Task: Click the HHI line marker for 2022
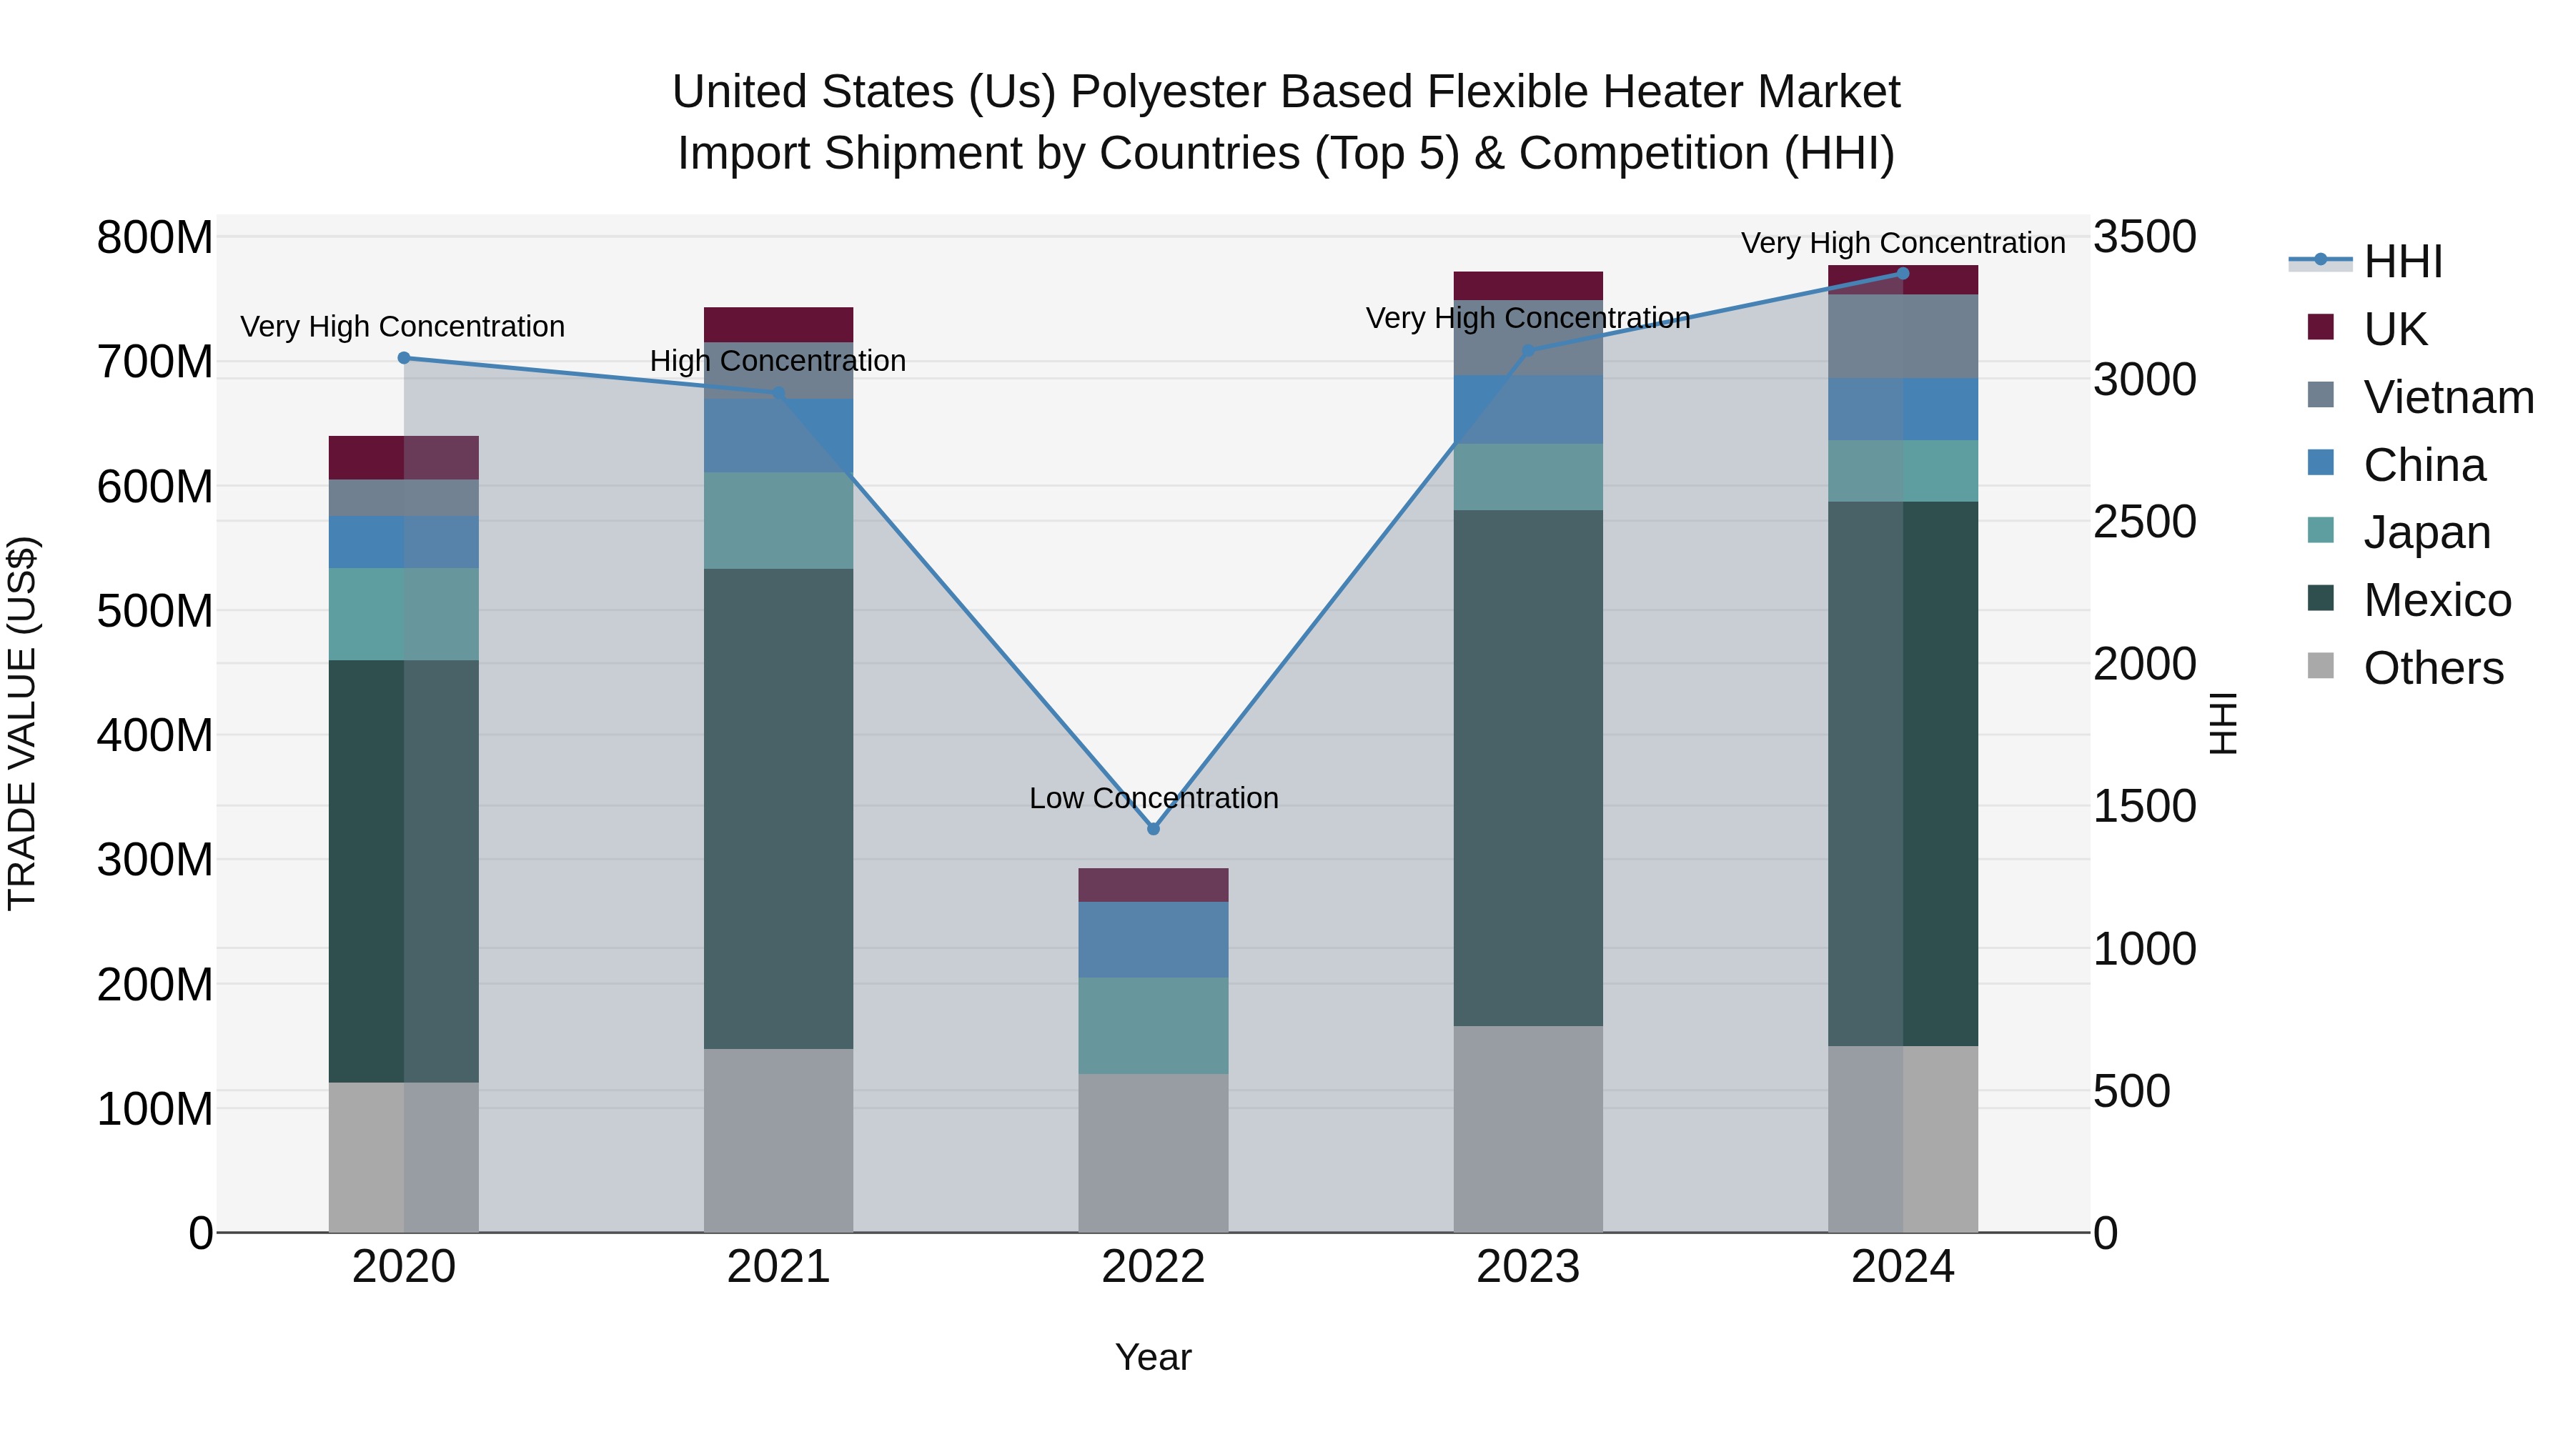coord(1153,829)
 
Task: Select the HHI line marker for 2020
coord(404,357)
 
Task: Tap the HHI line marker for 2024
coord(1902,274)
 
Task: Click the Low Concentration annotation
coord(1153,798)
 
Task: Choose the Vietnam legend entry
coord(2447,397)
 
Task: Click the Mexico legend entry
coord(2436,600)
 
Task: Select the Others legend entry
coord(2432,668)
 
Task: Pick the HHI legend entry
coord(2402,262)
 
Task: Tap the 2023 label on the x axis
coord(1527,1267)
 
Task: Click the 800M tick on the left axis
coord(155,238)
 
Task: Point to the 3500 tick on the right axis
coord(2144,238)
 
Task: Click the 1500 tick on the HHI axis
coord(2144,806)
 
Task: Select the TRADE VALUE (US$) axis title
coord(22,723)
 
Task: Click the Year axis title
coord(1153,1357)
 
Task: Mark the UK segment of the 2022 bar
coord(1153,885)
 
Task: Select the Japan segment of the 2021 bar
coord(778,520)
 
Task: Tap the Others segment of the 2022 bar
coord(1153,1153)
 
